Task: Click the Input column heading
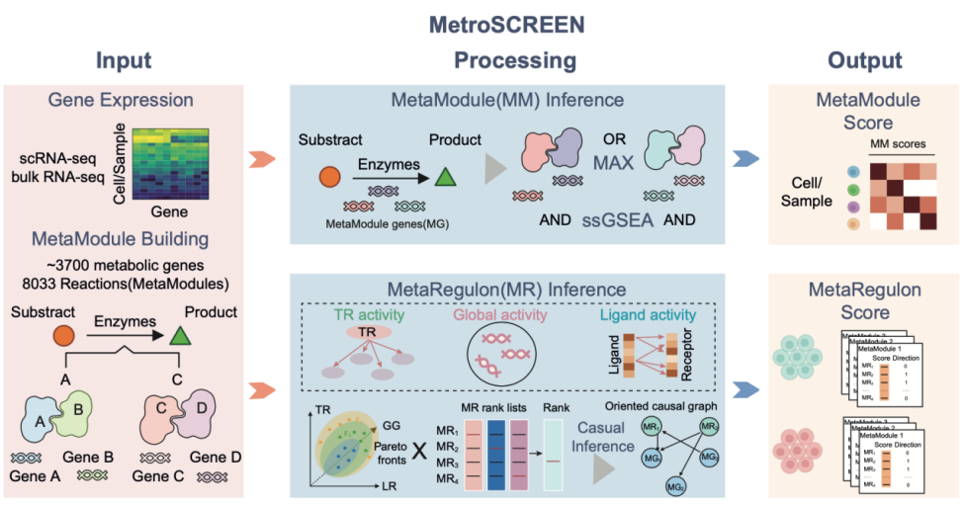(123, 60)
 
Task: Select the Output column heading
(865, 60)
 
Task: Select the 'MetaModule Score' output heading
(863, 112)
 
